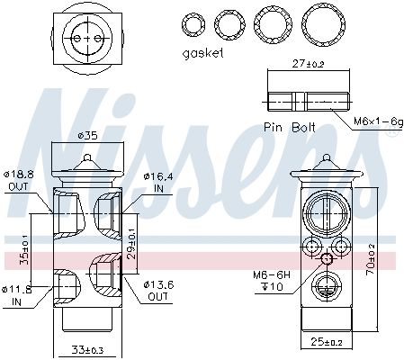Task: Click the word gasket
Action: pos(202,53)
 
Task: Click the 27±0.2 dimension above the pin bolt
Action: pos(309,64)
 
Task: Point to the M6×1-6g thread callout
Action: pos(379,121)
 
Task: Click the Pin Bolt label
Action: pos(290,127)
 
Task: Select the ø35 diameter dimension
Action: pos(87,136)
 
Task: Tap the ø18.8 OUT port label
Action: pos(19,181)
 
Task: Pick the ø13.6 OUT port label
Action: pos(158,291)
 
